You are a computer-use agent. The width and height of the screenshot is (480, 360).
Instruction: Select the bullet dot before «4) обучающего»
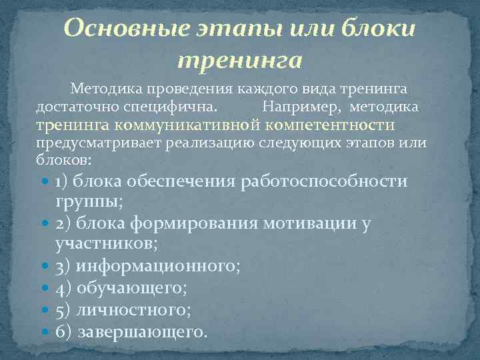[x=45, y=288]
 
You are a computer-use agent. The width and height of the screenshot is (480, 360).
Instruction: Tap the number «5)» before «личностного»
[x=64, y=310]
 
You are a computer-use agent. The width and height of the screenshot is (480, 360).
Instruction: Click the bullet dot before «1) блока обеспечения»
[x=45, y=182]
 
